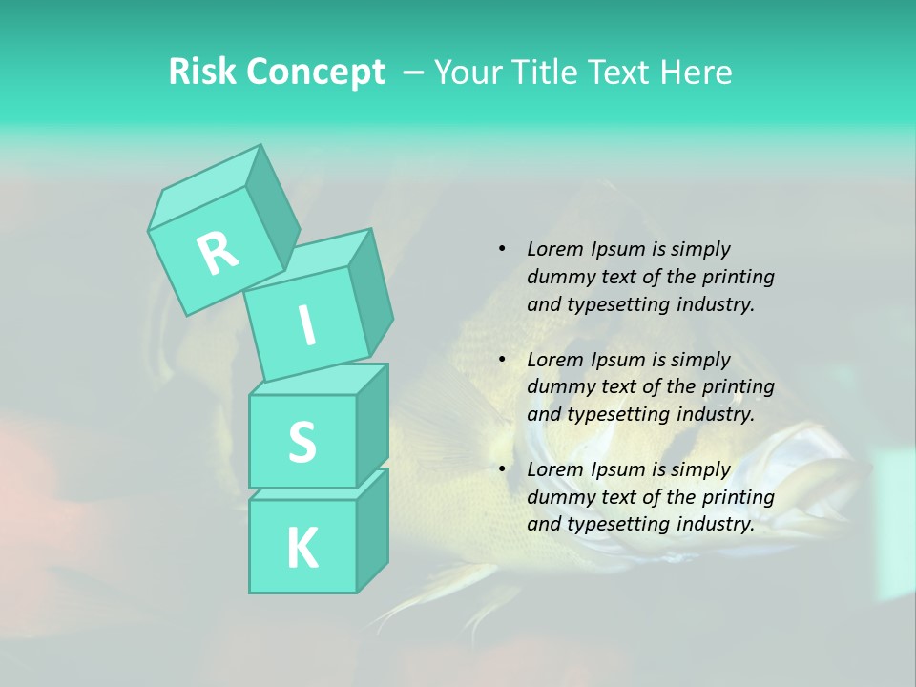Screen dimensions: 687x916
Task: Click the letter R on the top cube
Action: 218,254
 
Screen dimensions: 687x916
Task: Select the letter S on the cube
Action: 302,442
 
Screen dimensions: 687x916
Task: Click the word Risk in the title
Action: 201,73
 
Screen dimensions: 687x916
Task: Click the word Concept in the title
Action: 314,73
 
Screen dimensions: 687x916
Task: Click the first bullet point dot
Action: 502,249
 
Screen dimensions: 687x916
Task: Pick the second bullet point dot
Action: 502,360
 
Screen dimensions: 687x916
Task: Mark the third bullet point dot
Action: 502,469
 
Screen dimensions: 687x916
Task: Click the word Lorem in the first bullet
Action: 553,249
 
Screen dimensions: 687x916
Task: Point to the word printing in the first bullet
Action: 739,277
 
